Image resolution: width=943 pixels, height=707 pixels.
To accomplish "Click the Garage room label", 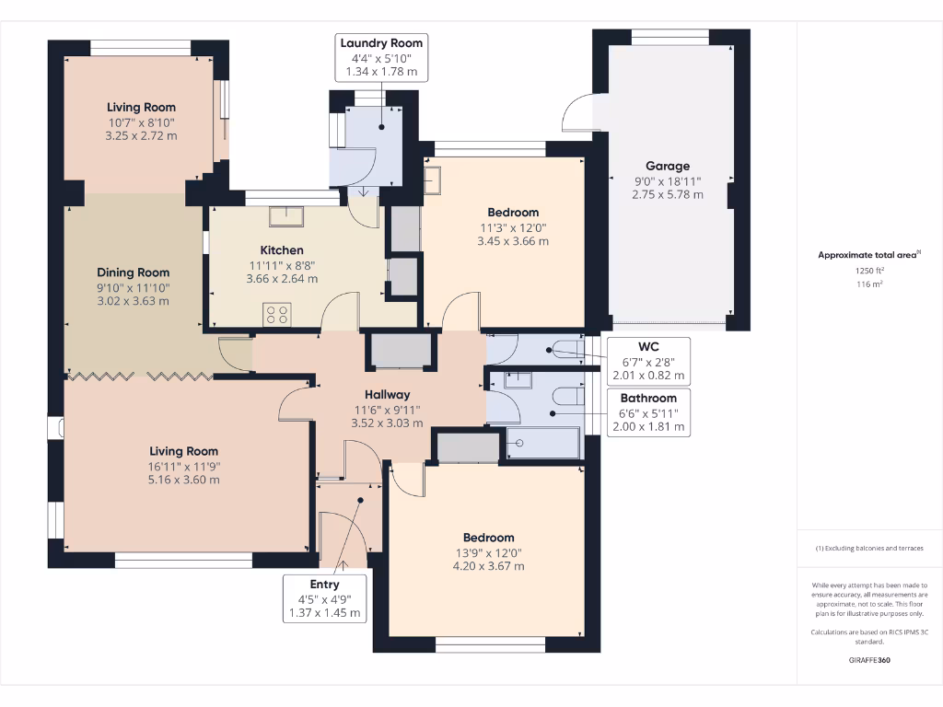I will [x=667, y=167].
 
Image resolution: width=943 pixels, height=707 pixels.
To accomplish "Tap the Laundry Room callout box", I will [x=381, y=57].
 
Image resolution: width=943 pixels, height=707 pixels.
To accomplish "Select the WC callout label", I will [x=648, y=361].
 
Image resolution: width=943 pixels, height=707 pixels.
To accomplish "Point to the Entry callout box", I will [x=324, y=598].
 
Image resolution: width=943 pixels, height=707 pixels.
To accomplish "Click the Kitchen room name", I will [x=282, y=250].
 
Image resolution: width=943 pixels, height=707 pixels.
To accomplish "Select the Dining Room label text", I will [x=134, y=272].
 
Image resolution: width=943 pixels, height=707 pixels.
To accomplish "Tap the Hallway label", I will [x=387, y=395].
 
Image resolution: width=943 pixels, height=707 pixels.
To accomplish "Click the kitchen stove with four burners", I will [x=277, y=315].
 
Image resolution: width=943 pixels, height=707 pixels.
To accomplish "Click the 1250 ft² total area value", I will [x=869, y=272].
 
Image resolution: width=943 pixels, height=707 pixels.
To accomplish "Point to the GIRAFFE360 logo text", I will [x=869, y=660].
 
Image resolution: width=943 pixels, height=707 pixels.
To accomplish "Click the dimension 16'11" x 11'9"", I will [x=184, y=466].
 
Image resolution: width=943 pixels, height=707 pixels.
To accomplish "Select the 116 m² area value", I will [x=869, y=285].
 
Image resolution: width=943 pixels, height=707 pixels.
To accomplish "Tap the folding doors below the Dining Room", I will [x=138, y=376].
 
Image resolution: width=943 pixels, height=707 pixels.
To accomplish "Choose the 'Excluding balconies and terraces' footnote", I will [x=869, y=548].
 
